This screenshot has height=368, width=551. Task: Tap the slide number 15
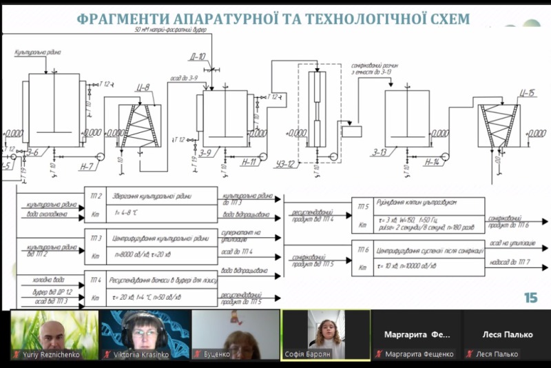click(530, 298)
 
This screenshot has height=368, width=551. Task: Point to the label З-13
click(399, 152)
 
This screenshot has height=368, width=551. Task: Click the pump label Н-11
click(250, 163)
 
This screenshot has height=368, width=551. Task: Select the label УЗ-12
click(284, 163)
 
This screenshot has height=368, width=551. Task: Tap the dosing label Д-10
click(198, 57)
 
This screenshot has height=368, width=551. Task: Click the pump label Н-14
click(432, 162)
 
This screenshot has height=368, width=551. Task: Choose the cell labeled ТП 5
click(363, 205)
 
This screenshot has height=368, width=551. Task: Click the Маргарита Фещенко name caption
click(415, 354)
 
